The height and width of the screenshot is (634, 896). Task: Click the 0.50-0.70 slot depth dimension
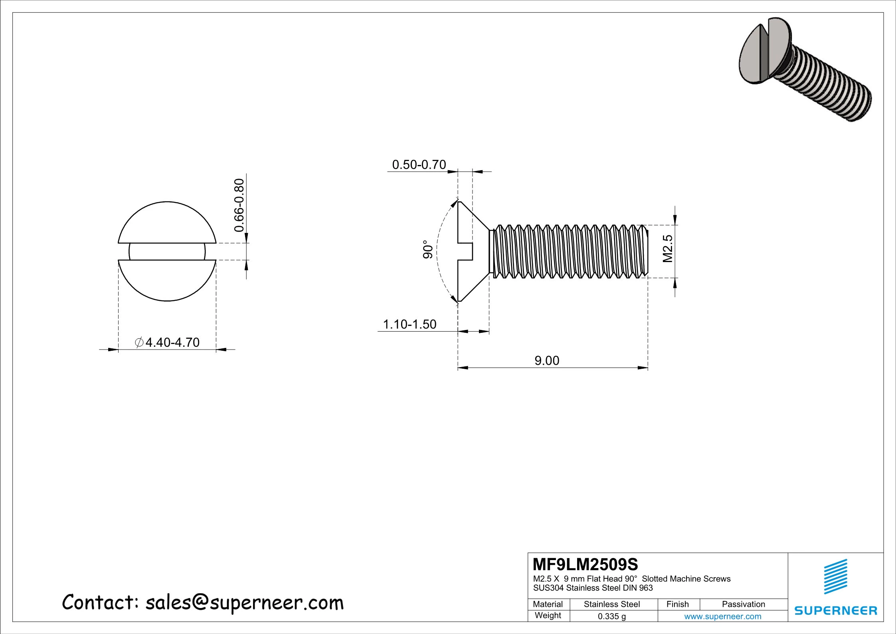419,165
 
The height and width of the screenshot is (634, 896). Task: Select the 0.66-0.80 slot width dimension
239,205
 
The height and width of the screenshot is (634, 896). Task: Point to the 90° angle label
428,249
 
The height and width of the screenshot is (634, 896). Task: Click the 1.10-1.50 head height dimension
409,324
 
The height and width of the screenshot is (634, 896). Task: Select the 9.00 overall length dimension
547,360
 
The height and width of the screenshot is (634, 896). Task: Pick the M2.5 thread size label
668,248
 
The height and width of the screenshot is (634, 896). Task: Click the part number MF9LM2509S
585,564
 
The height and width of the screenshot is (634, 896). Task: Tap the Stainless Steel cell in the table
611,604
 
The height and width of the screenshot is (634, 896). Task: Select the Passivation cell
743,604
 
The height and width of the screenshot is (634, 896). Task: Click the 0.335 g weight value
611,616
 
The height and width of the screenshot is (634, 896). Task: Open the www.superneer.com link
722,616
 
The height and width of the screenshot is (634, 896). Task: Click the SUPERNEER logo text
836,610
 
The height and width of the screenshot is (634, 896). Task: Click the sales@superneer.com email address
244,603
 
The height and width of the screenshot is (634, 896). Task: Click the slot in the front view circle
167,252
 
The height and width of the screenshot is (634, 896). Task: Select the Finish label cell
677,604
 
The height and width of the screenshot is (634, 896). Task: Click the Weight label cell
548,615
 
